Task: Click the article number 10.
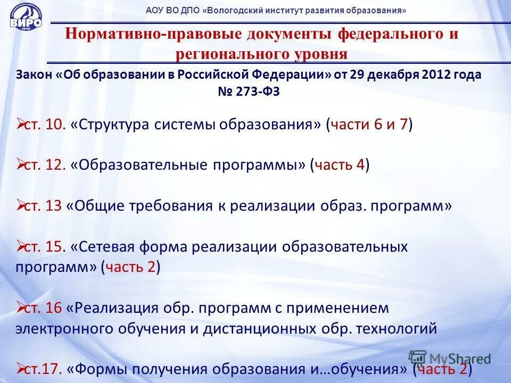coord(55,125)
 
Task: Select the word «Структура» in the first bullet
coord(110,125)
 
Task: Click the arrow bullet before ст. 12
coord(21,165)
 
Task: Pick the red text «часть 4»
coord(340,165)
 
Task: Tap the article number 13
coord(54,206)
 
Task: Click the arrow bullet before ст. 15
coord(21,247)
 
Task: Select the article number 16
coord(54,308)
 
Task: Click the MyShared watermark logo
coord(450,357)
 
